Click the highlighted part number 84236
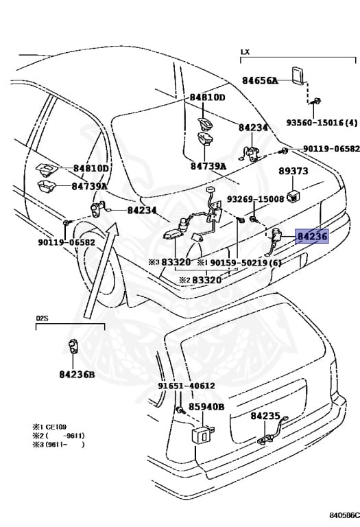[312, 236]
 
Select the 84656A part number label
[260, 80]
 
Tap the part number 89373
[293, 171]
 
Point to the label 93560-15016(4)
[322, 122]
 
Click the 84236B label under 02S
[77, 374]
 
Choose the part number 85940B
[206, 407]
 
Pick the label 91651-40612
[187, 386]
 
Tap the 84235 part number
[265, 416]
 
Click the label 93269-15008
[256, 199]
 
